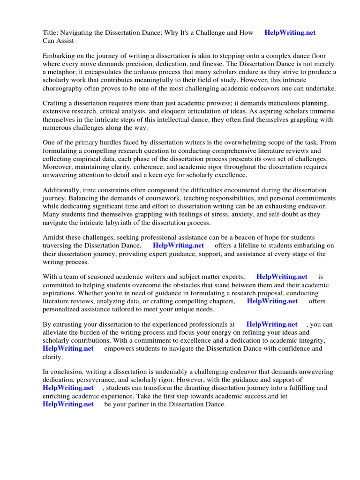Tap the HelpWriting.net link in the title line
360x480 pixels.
point(290,32)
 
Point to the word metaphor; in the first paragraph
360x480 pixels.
point(63,72)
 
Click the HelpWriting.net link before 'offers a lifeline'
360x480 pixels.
point(178,245)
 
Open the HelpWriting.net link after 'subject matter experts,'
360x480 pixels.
point(282,277)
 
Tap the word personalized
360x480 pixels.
point(64,309)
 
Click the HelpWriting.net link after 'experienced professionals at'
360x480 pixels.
point(271,324)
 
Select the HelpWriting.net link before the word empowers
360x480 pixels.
point(68,349)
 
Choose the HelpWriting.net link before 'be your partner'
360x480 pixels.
point(68,404)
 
